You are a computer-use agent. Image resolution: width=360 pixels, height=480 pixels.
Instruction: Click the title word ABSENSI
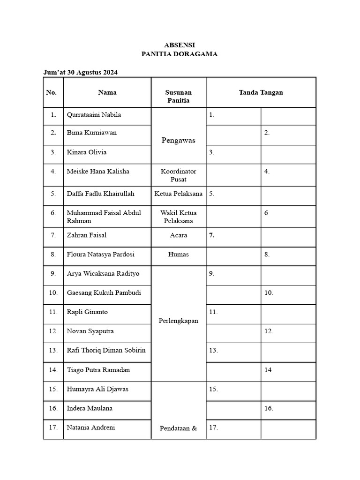coord(180,45)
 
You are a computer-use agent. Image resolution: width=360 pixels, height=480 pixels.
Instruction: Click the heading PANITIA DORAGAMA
coord(180,54)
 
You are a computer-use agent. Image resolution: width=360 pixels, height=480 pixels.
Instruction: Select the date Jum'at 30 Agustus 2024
coord(80,72)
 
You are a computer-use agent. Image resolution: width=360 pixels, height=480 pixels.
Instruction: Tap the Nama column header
coord(107,92)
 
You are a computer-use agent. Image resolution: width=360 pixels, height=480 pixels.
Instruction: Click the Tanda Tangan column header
coord(261,92)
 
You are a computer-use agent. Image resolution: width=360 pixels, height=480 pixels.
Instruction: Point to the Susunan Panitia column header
coord(179,97)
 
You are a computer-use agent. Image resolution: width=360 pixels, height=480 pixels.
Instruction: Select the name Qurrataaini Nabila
coord(94,115)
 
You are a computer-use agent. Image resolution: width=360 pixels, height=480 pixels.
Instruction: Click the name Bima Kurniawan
coord(92,133)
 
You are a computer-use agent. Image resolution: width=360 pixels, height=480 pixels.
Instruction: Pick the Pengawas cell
coord(179,140)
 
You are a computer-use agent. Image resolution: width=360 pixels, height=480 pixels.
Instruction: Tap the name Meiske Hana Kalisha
coord(98,172)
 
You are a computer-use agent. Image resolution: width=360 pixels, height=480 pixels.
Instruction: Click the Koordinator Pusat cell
coord(179,175)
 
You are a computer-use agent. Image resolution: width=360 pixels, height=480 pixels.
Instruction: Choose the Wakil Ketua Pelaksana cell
coord(179,217)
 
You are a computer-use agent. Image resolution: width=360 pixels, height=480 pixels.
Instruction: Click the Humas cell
coord(179,254)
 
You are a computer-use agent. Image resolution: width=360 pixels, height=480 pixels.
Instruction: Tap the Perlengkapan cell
coord(179,321)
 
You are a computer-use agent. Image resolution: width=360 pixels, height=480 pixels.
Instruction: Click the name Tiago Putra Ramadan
coord(98,370)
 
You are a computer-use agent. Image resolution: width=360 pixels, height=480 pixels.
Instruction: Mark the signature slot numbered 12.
coord(288,331)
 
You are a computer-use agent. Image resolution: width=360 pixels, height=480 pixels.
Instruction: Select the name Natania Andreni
coord(91,427)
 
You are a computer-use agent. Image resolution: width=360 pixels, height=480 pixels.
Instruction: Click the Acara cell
coord(179,235)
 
